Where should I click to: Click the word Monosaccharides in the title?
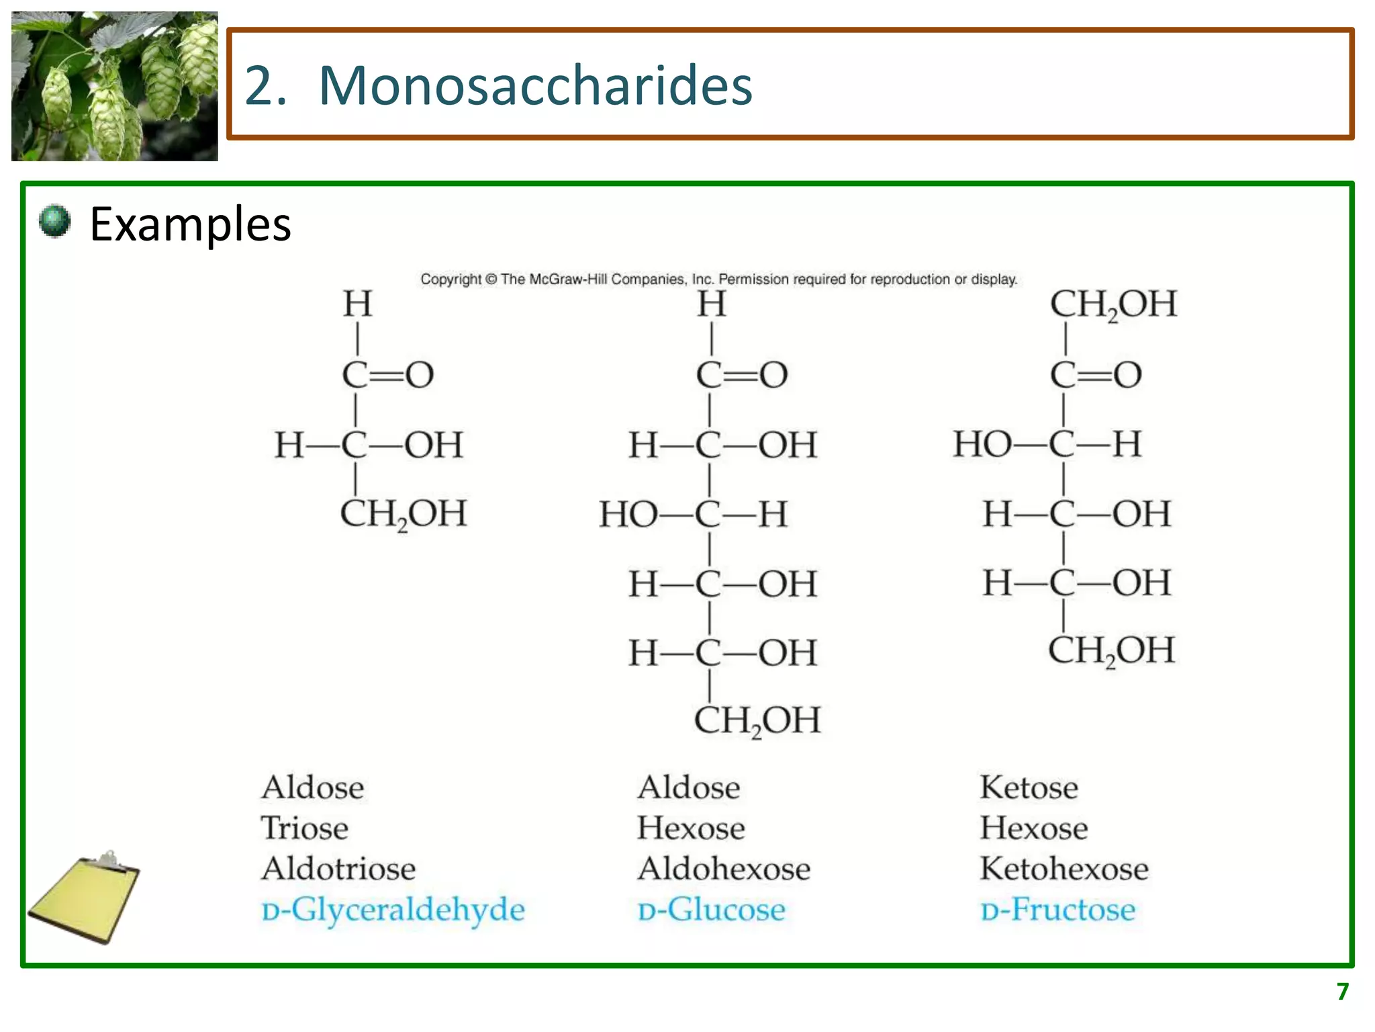tap(535, 85)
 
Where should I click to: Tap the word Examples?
tap(190, 224)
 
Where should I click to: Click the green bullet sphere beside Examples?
tap(54, 221)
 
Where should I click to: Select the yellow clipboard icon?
tap(84, 897)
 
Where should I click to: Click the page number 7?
tap(1342, 992)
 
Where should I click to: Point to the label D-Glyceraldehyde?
tap(393, 910)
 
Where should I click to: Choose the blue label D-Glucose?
tap(711, 910)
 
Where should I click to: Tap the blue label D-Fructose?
tap(1057, 910)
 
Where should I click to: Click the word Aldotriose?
tap(338, 869)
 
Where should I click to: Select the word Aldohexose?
tap(724, 869)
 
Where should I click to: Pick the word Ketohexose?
tap(1064, 869)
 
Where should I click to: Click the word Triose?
tap(305, 828)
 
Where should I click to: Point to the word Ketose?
tap(1029, 787)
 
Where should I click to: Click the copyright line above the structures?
tap(718, 279)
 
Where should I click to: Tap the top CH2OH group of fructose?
tap(1113, 304)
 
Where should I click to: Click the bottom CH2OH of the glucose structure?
tap(757, 720)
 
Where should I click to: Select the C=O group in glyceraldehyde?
tap(387, 374)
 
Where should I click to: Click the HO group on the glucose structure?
tap(628, 515)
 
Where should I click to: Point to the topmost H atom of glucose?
tap(711, 304)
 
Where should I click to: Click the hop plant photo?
tap(115, 86)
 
